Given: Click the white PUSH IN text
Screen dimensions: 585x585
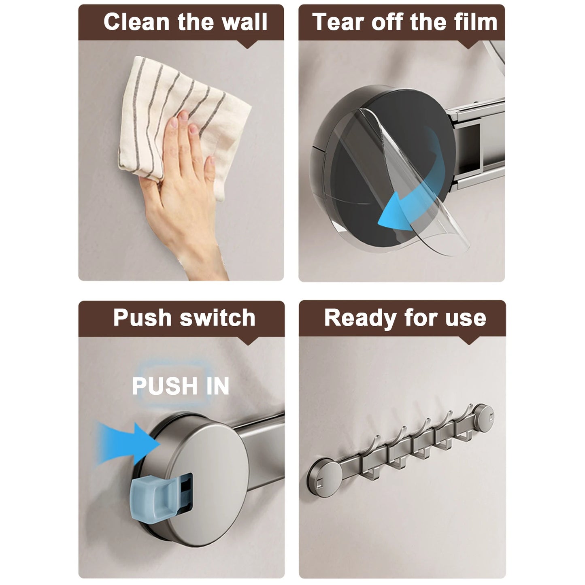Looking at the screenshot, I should (x=181, y=386).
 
